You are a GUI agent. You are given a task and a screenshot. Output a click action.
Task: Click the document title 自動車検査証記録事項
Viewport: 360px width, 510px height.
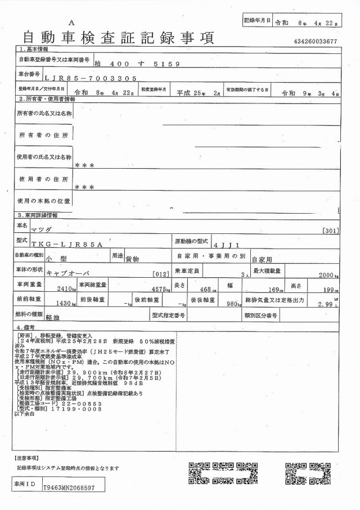coord(118,38)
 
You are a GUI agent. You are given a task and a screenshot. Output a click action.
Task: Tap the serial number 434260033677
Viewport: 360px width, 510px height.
coord(315,42)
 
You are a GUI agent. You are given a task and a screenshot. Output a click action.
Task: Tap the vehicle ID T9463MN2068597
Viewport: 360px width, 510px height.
coord(69,489)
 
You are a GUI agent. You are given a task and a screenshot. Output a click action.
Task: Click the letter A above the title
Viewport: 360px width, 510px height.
coord(71,22)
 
